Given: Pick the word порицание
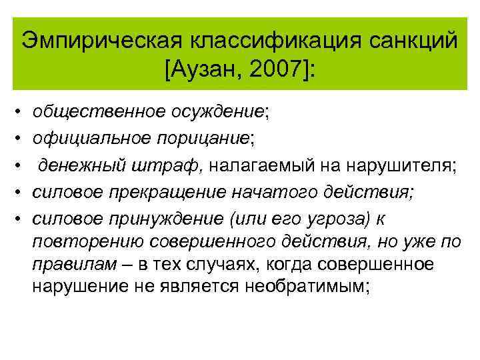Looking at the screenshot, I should click(203, 138).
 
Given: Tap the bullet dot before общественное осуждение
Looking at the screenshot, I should click(18, 112).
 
